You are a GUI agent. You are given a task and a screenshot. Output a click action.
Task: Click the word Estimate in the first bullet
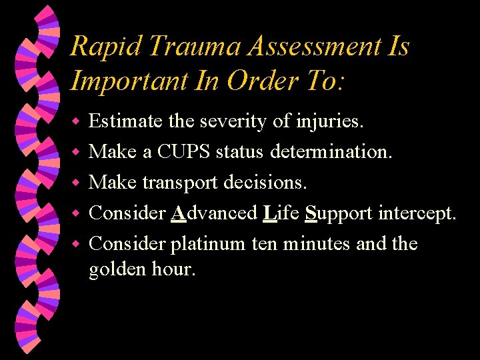pos(125,121)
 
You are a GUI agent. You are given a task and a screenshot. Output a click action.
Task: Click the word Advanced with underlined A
pos(214,213)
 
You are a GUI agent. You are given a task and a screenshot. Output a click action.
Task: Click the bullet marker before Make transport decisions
pos(76,183)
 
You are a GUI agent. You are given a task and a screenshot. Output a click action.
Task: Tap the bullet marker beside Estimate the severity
pos(76,122)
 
